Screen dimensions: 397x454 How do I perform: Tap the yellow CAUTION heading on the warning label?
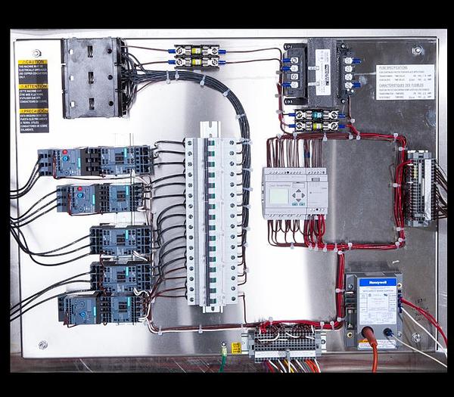[x=33, y=63]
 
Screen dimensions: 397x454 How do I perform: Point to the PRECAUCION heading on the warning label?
[x=33, y=110]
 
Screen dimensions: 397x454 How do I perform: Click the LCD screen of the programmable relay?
[x=278, y=195]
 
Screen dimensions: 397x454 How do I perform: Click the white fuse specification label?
[x=406, y=82]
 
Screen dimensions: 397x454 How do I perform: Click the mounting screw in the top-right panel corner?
[x=417, y=50]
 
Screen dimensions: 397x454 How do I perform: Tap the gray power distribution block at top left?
[x=91, y=77]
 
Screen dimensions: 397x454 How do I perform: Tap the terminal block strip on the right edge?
[x=418, y=188]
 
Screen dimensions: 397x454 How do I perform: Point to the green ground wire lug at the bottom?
[x=224, y=350]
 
